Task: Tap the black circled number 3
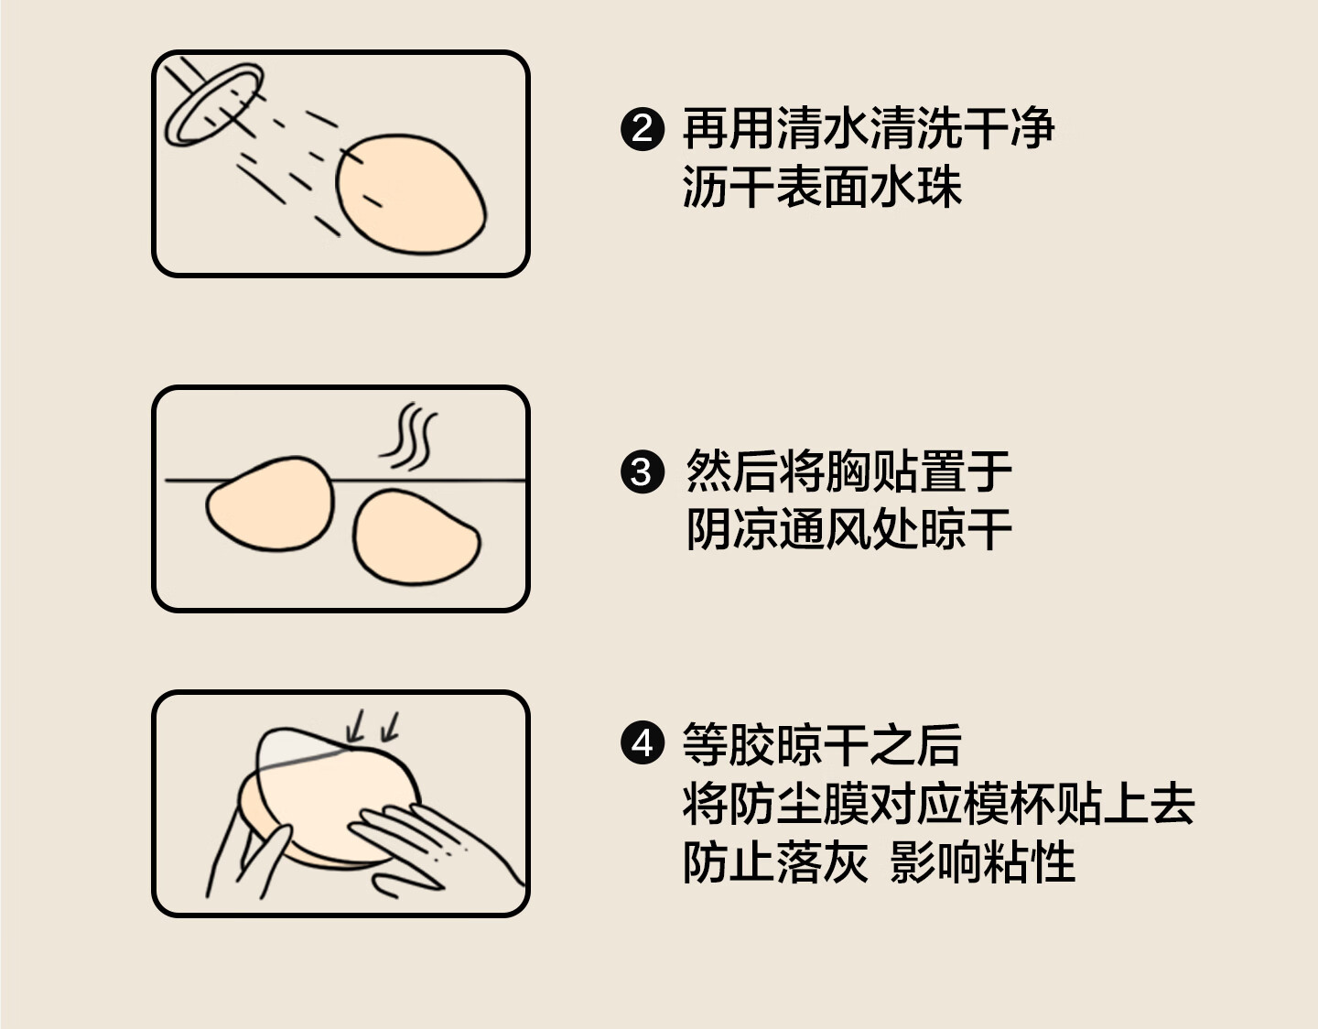pos(643,472)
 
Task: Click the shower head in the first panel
pos(213,104)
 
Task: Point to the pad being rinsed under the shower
pos(411,194)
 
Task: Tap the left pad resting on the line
pos(271,504)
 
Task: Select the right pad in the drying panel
pos(416,537)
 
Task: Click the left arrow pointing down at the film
pos(355,726)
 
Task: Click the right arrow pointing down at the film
pos(390,726)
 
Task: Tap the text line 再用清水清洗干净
pos(868,128)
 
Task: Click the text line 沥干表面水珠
pos(822,187)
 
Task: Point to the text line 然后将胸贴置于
pos(848,471)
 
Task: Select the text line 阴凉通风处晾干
pos(848,529)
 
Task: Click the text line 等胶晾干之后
pos(822,744)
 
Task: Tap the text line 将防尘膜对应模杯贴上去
pos(938,804)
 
